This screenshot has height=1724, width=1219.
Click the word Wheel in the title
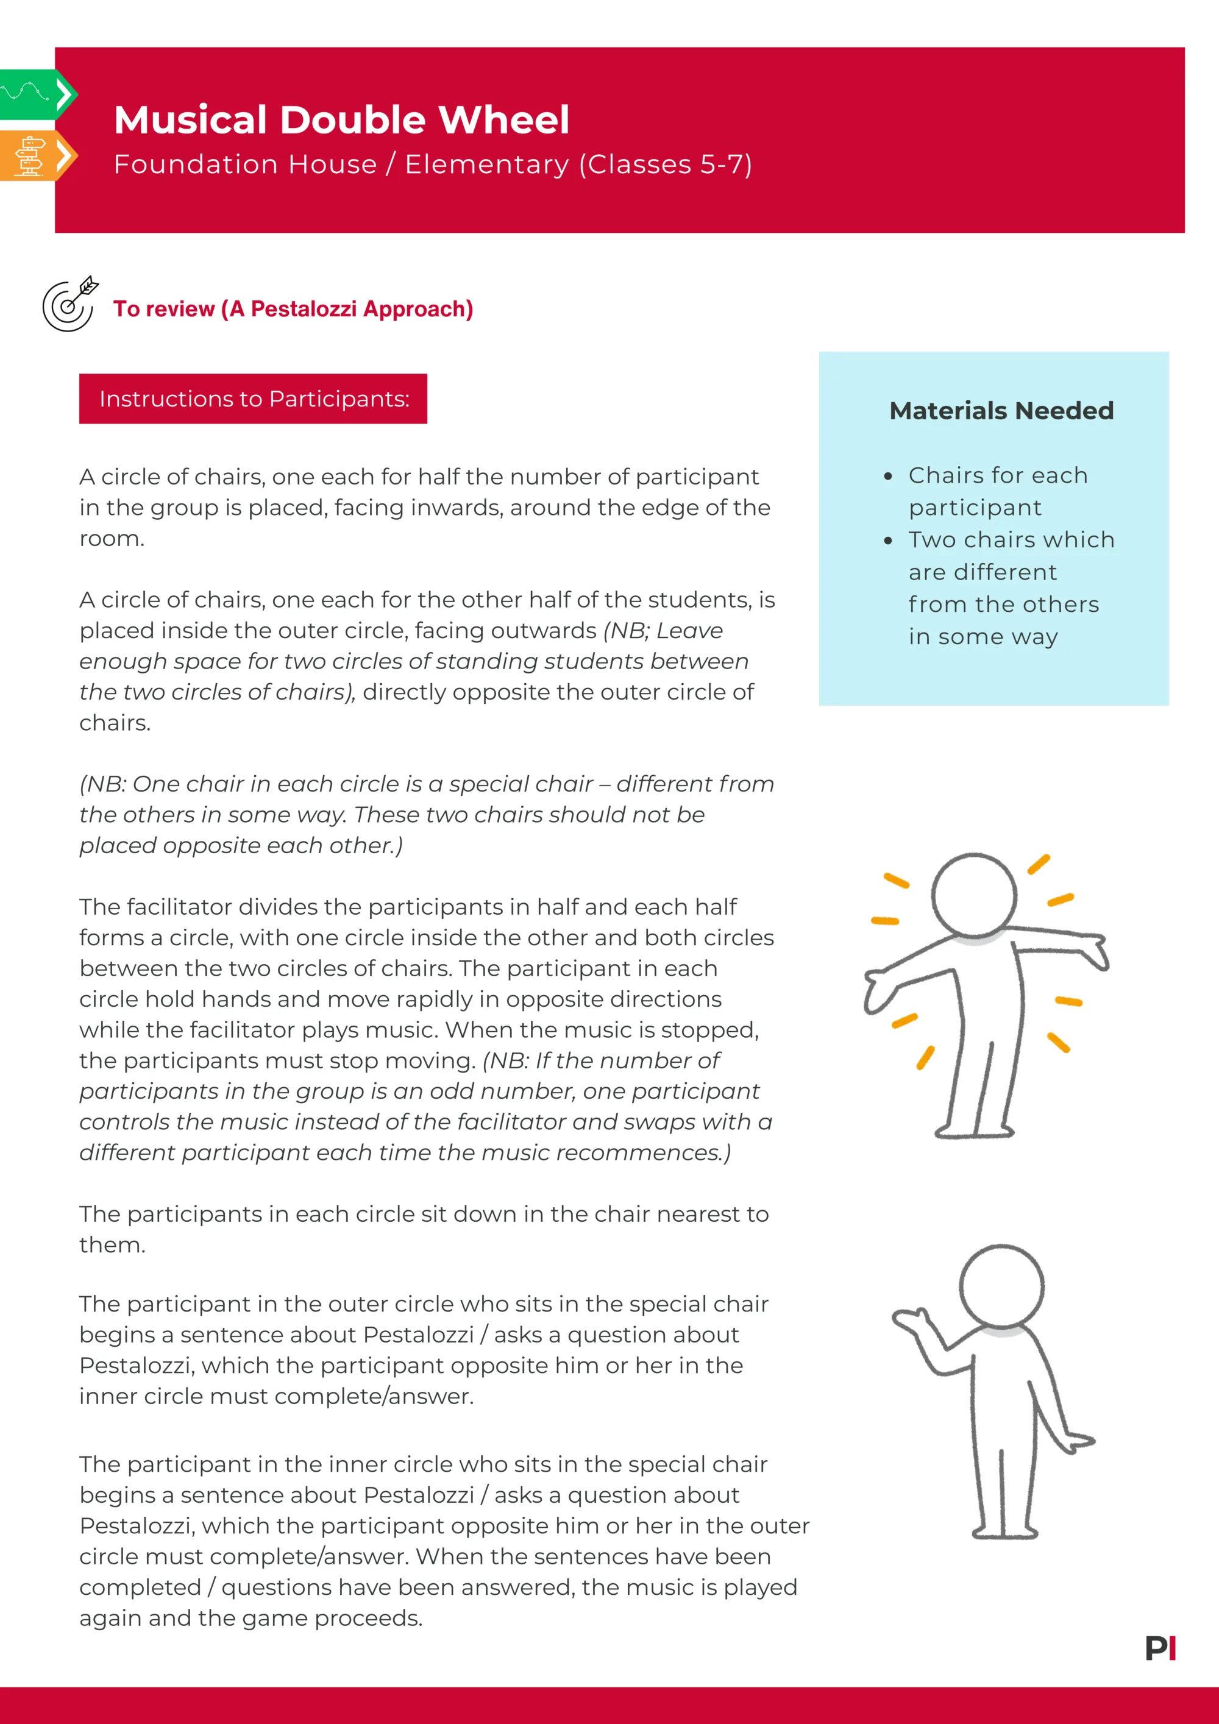coord(503,120)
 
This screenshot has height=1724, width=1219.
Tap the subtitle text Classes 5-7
coord(665,165)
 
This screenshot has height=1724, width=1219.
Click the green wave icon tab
coord(30,94)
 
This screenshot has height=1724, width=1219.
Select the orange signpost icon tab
coord(30,155)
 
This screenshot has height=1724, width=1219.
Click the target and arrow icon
coord(69,303)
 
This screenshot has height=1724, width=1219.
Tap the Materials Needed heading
coord(1001,411)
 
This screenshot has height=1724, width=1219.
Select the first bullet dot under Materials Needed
coord(889,476)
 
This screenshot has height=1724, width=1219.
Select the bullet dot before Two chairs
coord(889,541)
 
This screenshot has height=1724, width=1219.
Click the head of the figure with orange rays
coord(973,895)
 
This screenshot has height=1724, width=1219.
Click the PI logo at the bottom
coord(1160,1648)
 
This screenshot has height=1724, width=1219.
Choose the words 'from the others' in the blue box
coord(1003,605)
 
